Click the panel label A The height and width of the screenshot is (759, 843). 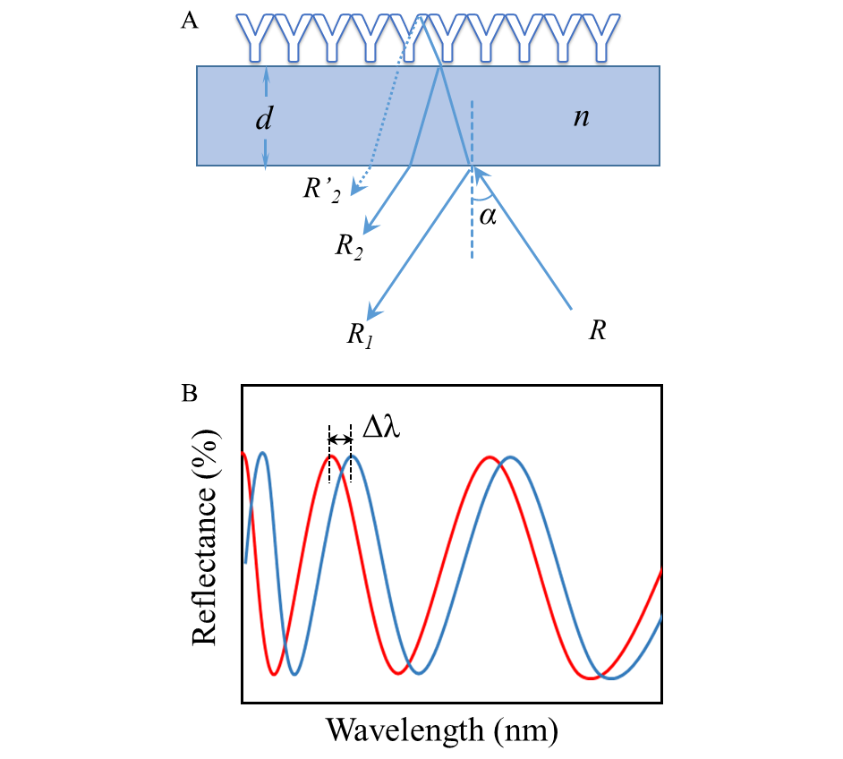(x=190, y=21)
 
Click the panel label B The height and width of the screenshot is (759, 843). (x=190, y=393)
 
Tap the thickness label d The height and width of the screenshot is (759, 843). (x=263, y=118)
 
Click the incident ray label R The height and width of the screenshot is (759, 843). (x=597, y=330)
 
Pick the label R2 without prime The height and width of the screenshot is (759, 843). (x=347, y=247)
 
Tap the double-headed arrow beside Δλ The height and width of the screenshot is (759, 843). (x=341, y=439)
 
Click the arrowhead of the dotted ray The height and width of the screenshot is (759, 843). (x=356, y=188)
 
